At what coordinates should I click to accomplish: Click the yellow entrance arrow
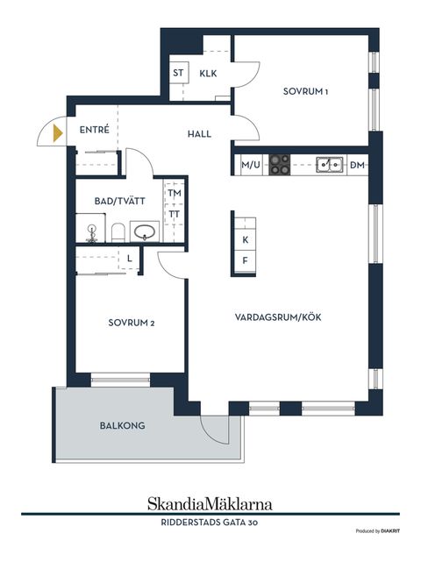pyautogui.click(x=58, y=134)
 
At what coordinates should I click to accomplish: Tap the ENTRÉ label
pyautogui.click(x=94, y=130)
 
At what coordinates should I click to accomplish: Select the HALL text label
pyautogui.click(x=200, y=134)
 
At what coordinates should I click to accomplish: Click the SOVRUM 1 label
pyautogui.click(x=305, y=91)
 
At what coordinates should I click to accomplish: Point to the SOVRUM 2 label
pyautogui.click(x=132, y=323)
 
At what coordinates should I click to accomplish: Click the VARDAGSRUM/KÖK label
pyautogui.click(x=278, y=317)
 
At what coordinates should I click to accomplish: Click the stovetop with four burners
pyautogui.click(x=280, y=164)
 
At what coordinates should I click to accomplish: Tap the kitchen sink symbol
pyautogui.click(x=329, y=164)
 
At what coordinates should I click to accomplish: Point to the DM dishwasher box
pyautogui.click(x=357, y=164)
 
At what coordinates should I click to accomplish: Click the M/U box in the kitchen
pyautogui.click(x=249, y=164)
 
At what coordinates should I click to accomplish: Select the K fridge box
pyautogui.click(x=246, y=240)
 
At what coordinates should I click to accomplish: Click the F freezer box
pyautogui.click(x=246, y=260)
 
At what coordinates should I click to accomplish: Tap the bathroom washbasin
pyautogui.click(x=145, y=232)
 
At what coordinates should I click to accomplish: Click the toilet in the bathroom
pyautogui.click(x=117, y=232)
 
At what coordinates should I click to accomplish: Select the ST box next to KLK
pyautogui.click(x=179, y=74)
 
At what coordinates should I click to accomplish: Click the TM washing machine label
pyautogui.click(x=175, y=193)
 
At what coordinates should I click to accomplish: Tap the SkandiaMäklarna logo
pyautogui.click(x=210, y=503)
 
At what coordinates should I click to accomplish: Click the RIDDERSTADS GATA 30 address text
pyautogui.click(x=210, y=523)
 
